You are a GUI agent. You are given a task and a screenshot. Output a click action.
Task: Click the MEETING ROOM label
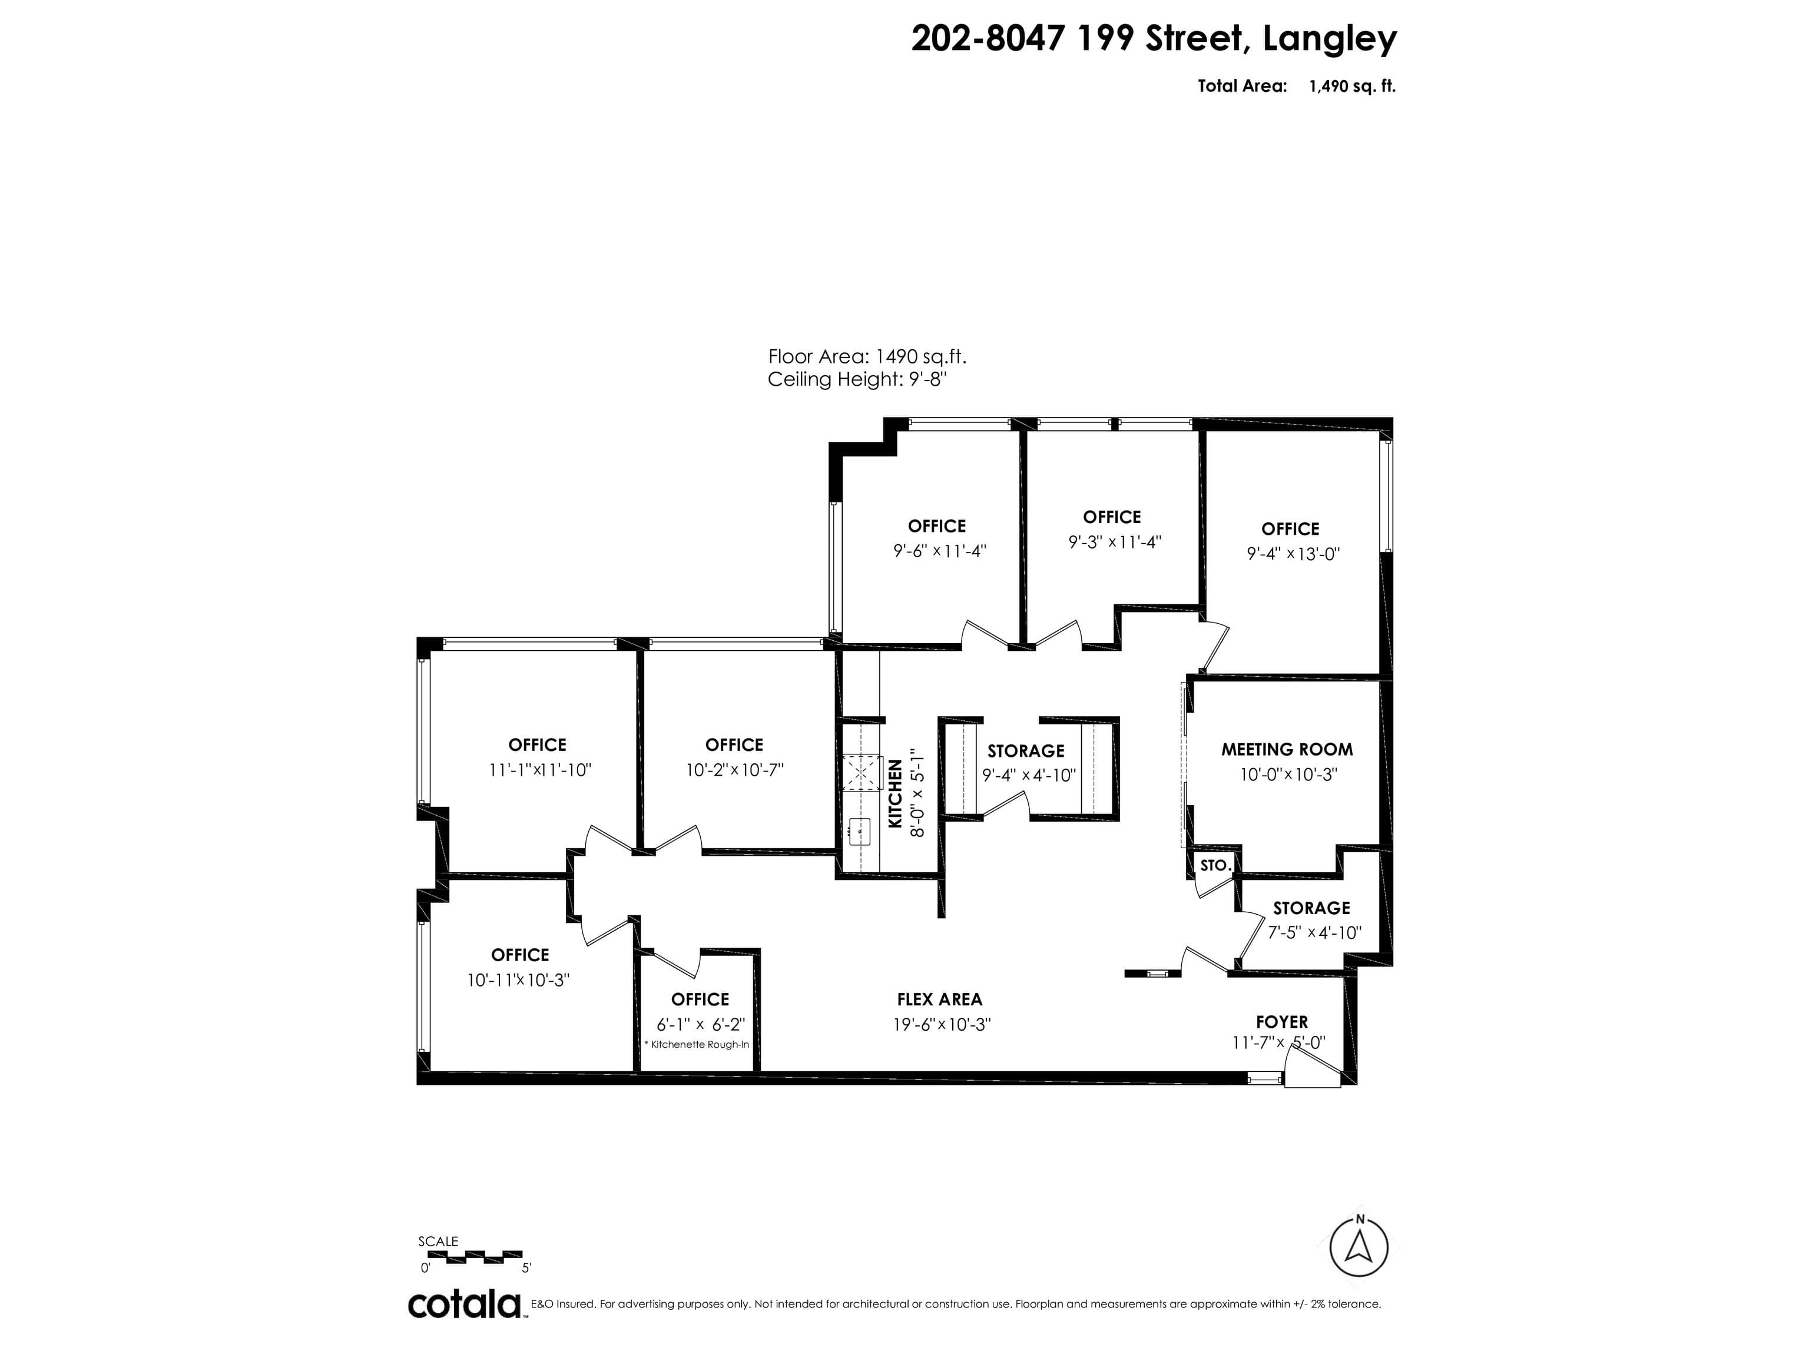(x=1287, y=749)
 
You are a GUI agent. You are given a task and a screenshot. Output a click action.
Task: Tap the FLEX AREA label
(x=939, y=999)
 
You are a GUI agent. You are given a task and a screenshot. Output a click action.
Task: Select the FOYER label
(x=1281, y=1022)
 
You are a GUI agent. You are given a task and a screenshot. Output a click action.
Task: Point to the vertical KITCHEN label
(x=896, y=793)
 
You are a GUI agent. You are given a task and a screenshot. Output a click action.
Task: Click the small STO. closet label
(x=1214, y=865)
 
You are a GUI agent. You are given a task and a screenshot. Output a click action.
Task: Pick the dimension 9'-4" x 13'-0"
(x=1293, y=554)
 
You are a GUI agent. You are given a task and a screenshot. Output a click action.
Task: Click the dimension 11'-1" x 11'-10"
(x=540, y=770)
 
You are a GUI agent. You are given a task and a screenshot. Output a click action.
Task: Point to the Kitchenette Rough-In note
(x=697, y=1044)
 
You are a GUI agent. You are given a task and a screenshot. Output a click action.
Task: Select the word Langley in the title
(x=1330, y=38)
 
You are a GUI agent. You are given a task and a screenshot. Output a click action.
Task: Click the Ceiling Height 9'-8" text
(x=857, y=379)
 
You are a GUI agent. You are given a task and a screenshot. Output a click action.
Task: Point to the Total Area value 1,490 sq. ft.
(x=1352, y=86)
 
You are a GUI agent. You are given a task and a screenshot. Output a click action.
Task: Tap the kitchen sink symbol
(x=860, y=831)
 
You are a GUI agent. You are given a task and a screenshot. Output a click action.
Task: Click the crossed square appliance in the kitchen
(x=861, y=772)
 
